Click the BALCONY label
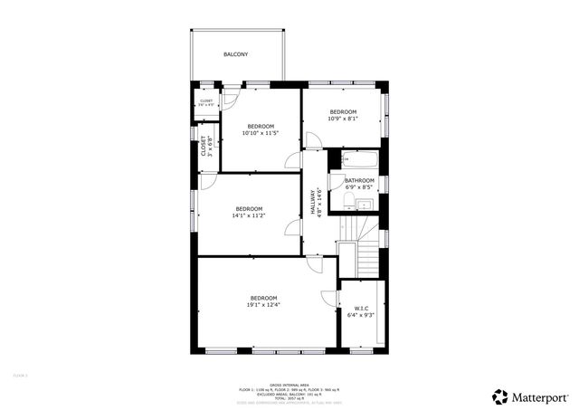coord(236,55)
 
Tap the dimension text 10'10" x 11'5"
coord(260,133)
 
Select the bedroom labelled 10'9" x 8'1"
coord(342,115)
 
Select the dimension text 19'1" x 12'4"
coord(263,305)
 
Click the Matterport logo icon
coord(501,396)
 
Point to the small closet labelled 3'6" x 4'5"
coord(206,102)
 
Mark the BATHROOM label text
coord(359,181)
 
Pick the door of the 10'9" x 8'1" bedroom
coord(312,140)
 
